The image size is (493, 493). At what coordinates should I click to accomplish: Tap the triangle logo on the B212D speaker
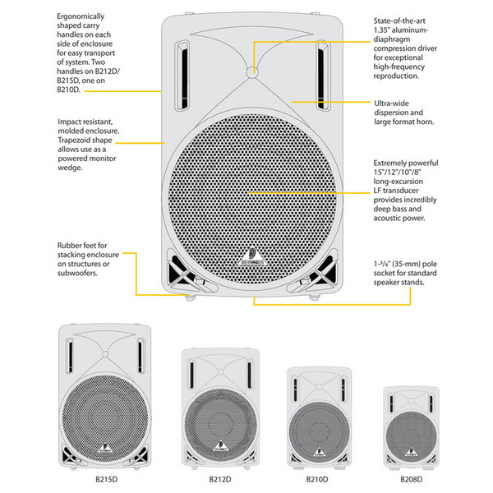click(219, 448)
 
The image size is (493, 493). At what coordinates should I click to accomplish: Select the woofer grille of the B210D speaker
click(317, 426)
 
